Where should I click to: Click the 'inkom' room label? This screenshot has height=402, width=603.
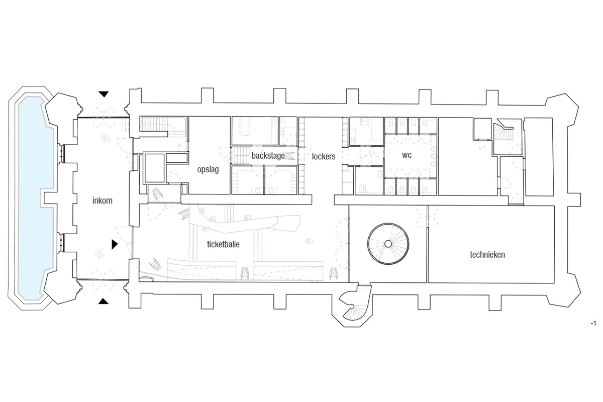click(103, 200)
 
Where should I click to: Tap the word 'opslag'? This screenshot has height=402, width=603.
click(208, 170)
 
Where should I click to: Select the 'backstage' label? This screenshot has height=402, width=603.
click(268, 155)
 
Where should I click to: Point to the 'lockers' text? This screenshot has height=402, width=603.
click(324, 156)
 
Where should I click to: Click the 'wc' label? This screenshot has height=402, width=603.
click(407, 155)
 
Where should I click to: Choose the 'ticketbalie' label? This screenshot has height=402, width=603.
click(223, 244)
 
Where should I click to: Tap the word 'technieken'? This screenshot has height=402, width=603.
click(487, 254)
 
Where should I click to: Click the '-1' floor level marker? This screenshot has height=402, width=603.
click(593, 323)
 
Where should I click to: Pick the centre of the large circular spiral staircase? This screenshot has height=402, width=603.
click(388, 244)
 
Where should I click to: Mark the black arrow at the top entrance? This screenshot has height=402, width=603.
click(104, 94)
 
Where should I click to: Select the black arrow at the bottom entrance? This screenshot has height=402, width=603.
click(104, 301)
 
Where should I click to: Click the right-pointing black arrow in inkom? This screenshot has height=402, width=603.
click(115, 245)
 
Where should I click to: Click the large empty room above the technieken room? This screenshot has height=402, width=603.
click(468, 156)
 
